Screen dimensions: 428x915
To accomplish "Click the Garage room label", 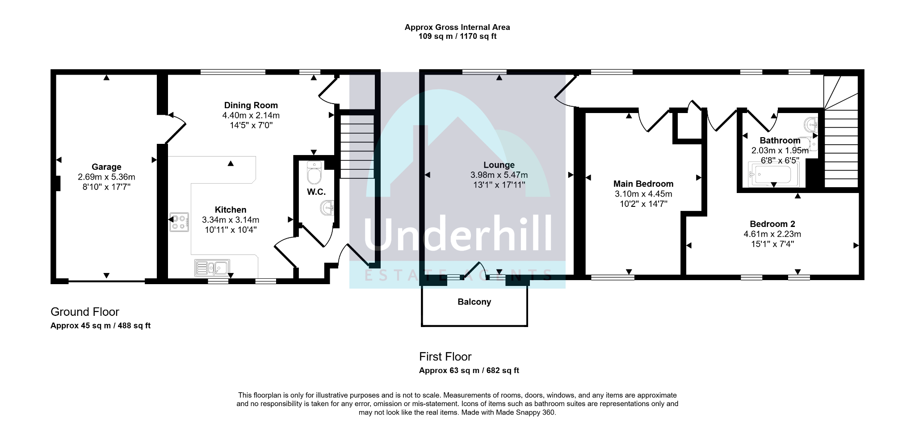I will pyautogui.click(x=106, y=167).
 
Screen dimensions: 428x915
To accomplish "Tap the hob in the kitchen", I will pyautogui.click(x=179, y=222).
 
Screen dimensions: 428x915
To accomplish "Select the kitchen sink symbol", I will pyautogui.click(x=212, y=268).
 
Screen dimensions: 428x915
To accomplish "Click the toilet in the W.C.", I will pyautogui.click(x=315, y=173).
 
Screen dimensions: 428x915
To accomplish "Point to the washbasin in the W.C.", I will pyautogui.click(x=327, y=208).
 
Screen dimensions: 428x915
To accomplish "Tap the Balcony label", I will pyautogui.click(x=474, y=302).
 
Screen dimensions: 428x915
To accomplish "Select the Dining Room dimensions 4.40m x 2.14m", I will pyautogui.click(x=251, y=115).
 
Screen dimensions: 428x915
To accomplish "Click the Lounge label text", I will pyautogui.click(x=499, y=165).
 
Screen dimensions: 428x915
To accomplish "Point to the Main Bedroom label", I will pyautogui.click(x=643, y=184).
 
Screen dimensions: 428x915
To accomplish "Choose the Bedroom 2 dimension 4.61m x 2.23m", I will pyautogui.click(x=772, y=234).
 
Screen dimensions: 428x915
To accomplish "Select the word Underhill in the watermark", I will pyautogui.click(x=457, y=235).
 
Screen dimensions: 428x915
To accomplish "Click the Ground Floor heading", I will pyautogui.click(x=84, y=312).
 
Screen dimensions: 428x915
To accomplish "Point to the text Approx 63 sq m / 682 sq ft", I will pyautogui.click(x=469, y=370).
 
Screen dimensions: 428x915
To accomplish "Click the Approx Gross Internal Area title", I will pyautogui.click(x=457, y=27).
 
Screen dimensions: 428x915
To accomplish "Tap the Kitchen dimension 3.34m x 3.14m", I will pyautogui.click(x=231, y=220).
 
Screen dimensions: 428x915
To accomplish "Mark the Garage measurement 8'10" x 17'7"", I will pyautogui.click(x=106, y=187).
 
